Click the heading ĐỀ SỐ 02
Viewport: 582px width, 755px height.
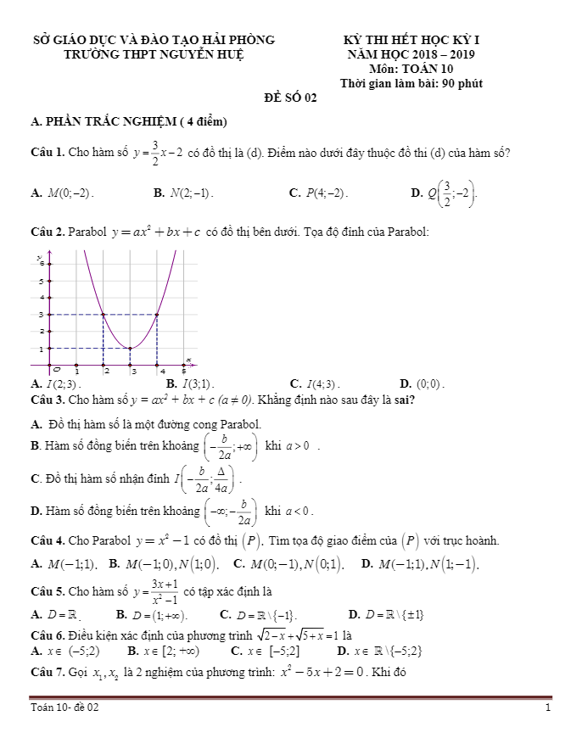pos(290,98)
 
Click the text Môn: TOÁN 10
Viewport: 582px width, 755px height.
pos(411,69)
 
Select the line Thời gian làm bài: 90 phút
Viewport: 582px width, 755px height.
pos(411,83)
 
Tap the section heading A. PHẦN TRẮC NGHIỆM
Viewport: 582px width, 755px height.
pos(127,122)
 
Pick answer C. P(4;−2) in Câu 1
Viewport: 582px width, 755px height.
pos(319,193)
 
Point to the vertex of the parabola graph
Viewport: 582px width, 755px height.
pos(130,348)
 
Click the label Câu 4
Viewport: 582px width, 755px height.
pos(48,541)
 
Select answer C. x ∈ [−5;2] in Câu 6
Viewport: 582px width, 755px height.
pos(265,652)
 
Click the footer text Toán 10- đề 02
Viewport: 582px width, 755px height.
pos(64,707)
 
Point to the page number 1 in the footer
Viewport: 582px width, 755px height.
pos(548,707)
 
